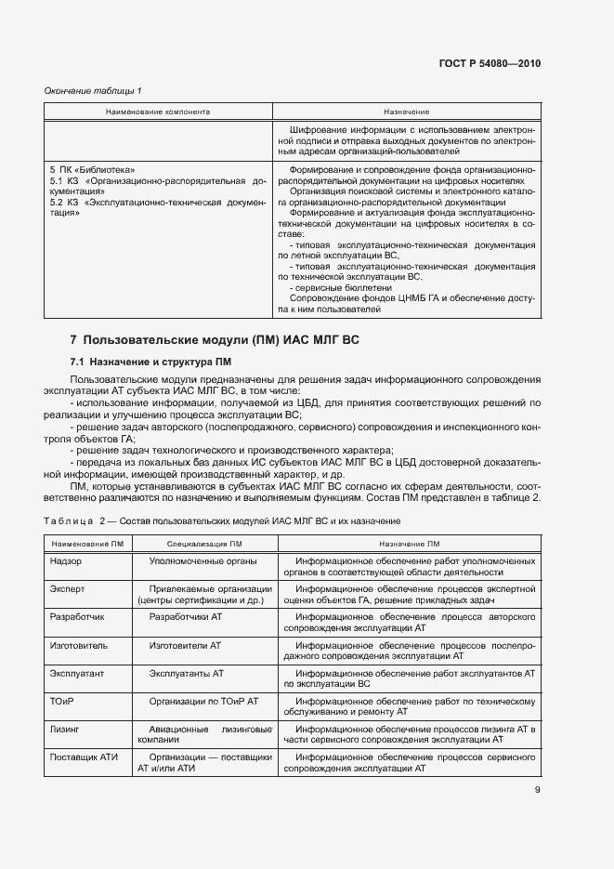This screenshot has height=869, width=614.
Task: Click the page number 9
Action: pos(536,790)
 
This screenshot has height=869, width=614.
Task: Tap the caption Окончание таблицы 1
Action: pos(93,90)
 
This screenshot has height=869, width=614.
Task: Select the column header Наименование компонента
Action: pos(158,112)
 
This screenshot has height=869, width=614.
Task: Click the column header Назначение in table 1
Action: pos(406,112)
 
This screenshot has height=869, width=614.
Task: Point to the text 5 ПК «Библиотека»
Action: pos(93,170)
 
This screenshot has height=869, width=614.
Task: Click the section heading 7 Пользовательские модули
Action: pos(215,339)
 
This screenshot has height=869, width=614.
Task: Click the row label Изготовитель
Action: pos(78,644)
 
